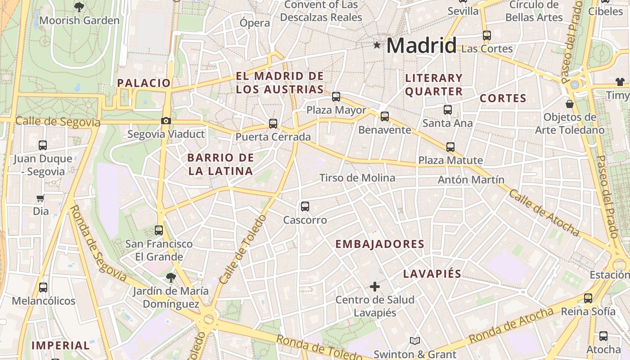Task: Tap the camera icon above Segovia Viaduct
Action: tap(166, 121)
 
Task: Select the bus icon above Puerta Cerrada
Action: tap(273, 123)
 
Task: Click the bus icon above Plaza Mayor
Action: tap(336, 96)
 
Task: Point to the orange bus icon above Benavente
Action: tap(385, 117)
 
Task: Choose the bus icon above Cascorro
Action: tap(305, 207)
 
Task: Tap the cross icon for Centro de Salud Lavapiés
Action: tap(375, 286)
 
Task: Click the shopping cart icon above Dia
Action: tap(40, 198)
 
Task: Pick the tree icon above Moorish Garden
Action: tap(79, 7)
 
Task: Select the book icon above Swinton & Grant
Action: tap(414, 341)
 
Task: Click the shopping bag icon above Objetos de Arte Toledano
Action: tap(570, 104)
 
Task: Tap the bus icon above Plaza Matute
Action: tap(450, 147)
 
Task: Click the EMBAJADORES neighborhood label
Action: tap(380, 244)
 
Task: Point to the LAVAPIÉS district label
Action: tap(432, 274)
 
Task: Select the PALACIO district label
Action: tap(144, 83)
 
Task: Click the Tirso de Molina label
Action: tap(357, 178)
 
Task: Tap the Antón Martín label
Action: tap(471, 180)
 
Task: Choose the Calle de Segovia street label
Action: tap(58, 122)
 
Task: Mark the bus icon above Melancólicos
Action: tap(43, 287)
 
